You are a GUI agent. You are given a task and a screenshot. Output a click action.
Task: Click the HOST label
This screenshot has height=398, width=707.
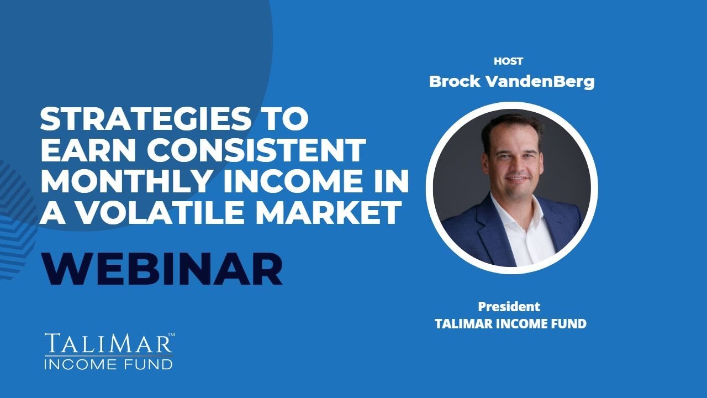[508, 61]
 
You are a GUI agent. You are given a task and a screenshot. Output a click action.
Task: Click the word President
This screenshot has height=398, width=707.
[509, 306]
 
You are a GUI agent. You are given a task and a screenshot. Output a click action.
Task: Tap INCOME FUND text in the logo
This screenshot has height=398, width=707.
[108, 364]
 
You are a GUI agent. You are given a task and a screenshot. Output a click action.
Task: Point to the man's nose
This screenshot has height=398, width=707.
[513, 164]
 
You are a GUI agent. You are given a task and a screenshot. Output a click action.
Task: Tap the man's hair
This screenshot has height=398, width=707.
[511, 124]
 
